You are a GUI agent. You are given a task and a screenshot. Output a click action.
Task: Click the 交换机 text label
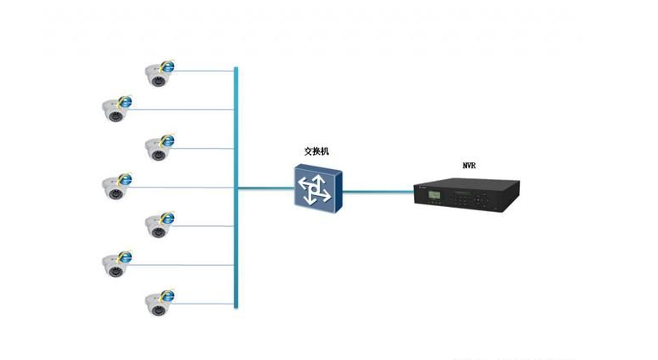316,151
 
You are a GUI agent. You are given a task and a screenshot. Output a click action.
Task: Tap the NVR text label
469,166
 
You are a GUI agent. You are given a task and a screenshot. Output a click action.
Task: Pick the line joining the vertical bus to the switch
265,188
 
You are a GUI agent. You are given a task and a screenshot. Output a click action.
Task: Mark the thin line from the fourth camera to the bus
181,187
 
